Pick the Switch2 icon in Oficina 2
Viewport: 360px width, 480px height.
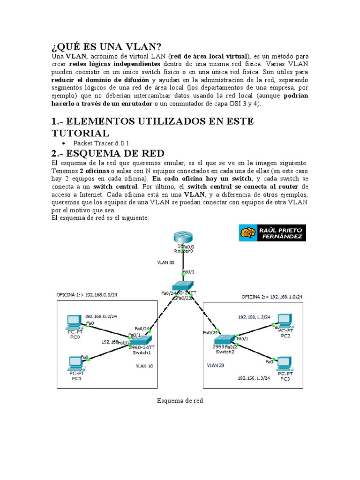coord(225,339)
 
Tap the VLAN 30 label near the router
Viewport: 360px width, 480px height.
coord(165,262)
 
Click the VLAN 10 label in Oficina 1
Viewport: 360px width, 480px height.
coord(144,366)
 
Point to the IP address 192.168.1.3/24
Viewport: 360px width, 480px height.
coord(254,377)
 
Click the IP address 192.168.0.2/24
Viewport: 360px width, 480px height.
coord(101,316)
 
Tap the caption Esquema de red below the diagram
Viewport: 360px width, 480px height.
coord(180,401)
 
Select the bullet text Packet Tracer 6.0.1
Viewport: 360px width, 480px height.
coord(101,143)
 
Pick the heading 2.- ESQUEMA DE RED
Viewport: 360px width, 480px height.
coord(108,153)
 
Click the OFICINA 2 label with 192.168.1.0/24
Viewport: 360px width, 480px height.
coord(272,297)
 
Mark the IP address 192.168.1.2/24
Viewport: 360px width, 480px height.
coord(254,317)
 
